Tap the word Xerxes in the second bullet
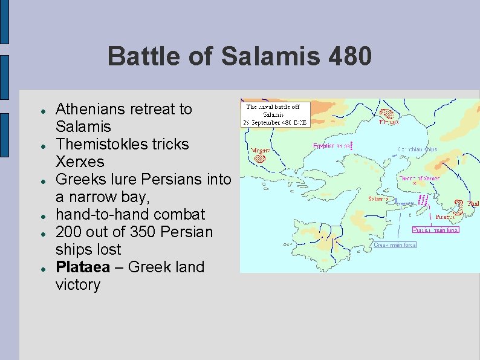coord(79,162)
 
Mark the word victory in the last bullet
coord(77,284)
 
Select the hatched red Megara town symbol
coord(260,157)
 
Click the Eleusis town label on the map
coord(388,122)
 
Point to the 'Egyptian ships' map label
coord(331,146)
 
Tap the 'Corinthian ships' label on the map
coord(417,149)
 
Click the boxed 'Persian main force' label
coord(435,230)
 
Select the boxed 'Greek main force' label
coord(394,245)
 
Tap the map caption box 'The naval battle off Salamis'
coord(276,114)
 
